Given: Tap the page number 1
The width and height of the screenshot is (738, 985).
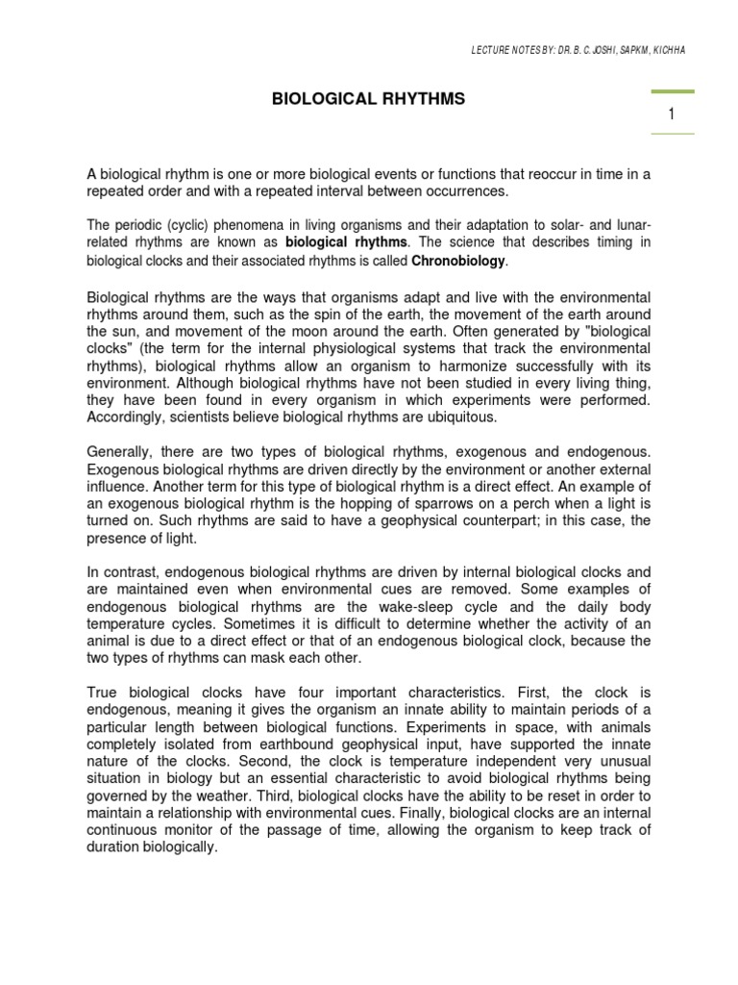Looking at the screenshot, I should (x=672, y=114).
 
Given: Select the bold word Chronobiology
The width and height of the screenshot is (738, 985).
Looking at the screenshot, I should (x=459, y=262).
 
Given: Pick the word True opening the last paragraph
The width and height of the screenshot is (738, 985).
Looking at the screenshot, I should (x=107, y=693).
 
